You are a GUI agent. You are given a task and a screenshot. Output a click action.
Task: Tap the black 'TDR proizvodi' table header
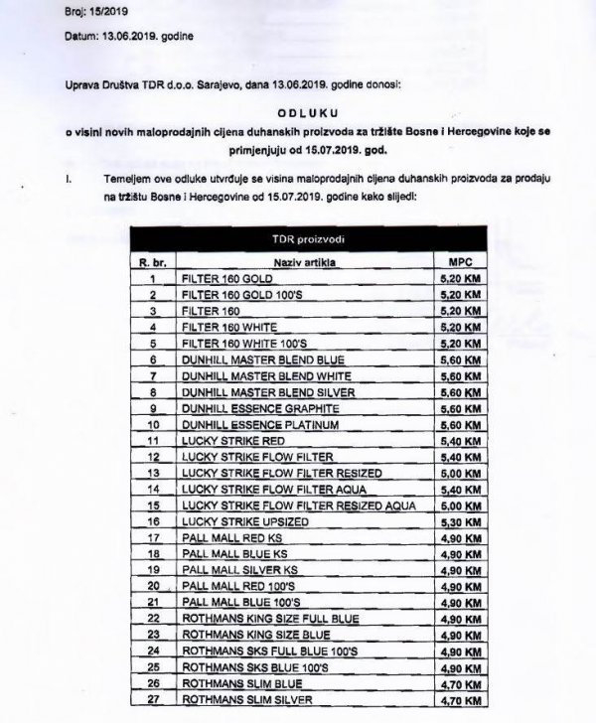[x=308, y=241]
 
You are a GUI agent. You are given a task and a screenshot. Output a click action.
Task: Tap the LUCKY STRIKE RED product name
[x=229, y=440]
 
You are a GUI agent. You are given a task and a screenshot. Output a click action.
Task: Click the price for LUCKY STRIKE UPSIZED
[x=459, y=521]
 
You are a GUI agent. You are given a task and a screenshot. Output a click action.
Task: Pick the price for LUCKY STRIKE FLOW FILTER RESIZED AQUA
[x=459, y=506]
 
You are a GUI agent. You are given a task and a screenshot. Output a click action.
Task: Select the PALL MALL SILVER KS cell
[x=240, y=570]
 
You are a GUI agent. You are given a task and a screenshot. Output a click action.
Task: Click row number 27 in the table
[x=154, y=701]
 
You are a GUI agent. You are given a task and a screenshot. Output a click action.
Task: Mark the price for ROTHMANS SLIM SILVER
[x=459, y=701]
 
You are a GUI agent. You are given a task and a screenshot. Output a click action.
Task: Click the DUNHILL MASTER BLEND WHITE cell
[x=257, y=375]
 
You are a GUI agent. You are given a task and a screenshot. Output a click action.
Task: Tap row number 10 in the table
[x=154, y=424]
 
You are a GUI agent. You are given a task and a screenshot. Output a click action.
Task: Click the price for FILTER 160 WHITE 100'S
[x=459, y=343]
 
